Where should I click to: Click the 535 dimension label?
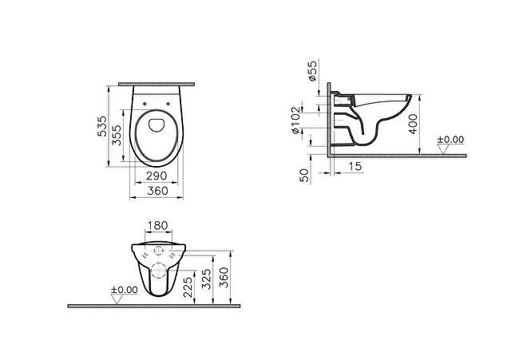102,126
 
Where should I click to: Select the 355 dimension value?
117,135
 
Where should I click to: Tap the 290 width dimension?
156,176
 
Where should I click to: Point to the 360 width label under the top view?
158,191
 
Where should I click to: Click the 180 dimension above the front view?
158,225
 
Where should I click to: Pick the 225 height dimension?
188,287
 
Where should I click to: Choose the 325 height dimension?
206,279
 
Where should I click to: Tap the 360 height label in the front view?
224,277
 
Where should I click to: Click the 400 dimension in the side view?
413,124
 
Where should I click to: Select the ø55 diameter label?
312,71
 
